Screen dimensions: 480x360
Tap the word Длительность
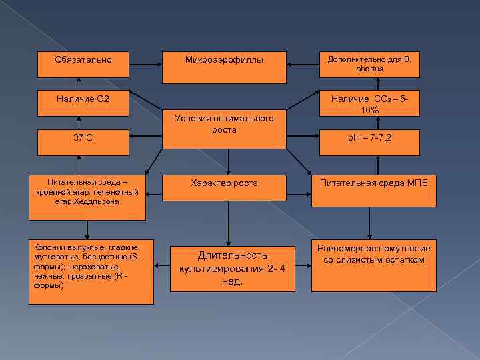pos(232,255)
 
